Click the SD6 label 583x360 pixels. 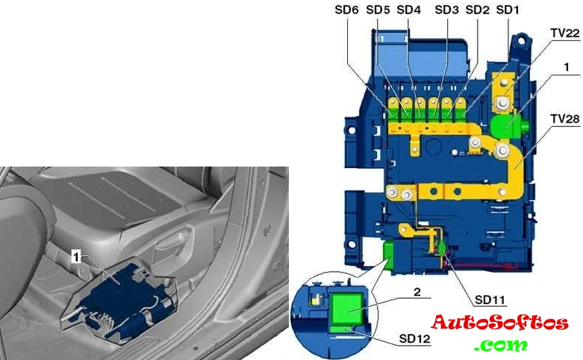coord(346,10)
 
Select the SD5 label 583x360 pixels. coord(378,10)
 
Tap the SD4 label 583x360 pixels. coord(408,10)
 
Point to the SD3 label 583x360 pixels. coord(447,10)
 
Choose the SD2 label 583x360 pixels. coord(478,10)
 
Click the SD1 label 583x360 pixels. coord(508,10)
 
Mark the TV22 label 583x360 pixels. coord(565,33)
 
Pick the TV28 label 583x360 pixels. coord(565,119)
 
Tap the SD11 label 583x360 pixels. coord(490,300)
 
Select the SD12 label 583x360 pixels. coord(414,339)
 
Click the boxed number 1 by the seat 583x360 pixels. coord(76,257)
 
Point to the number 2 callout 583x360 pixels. coord(417,292)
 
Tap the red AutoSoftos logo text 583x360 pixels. coord(500,323)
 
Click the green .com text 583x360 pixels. coord(500,345)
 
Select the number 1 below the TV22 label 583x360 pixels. coord(567,67)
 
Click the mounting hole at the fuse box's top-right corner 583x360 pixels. coord(521,39)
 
